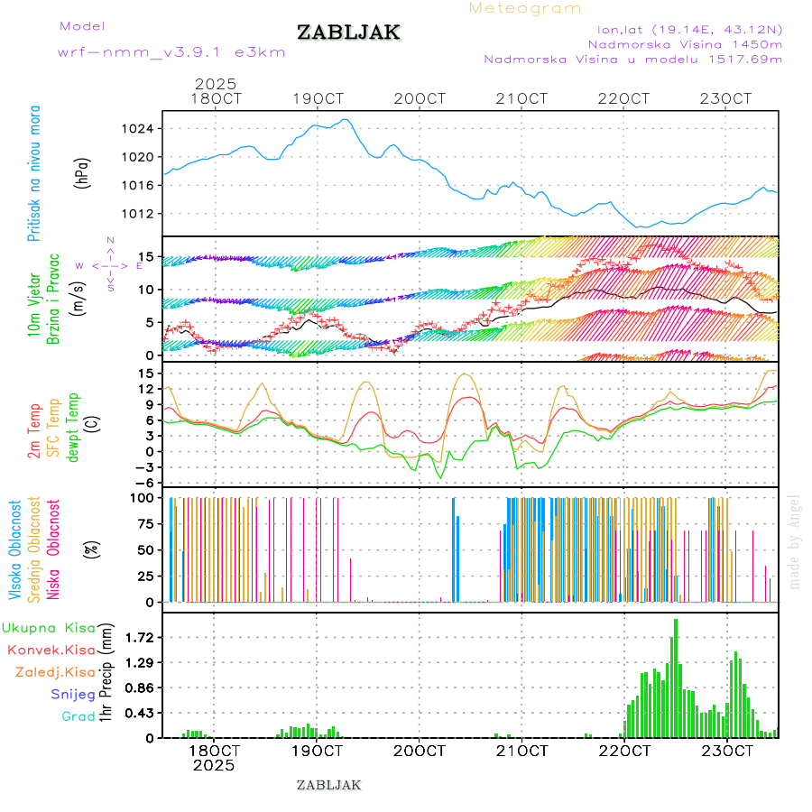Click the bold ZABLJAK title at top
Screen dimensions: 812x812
[348, 32]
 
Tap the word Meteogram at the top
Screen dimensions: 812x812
[525, 8]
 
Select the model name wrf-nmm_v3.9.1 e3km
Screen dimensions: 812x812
[171, 52]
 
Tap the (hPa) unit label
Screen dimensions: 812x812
[83, 173]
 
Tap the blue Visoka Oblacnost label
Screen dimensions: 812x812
[16, 550]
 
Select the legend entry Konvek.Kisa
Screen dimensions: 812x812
[51, 650]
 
